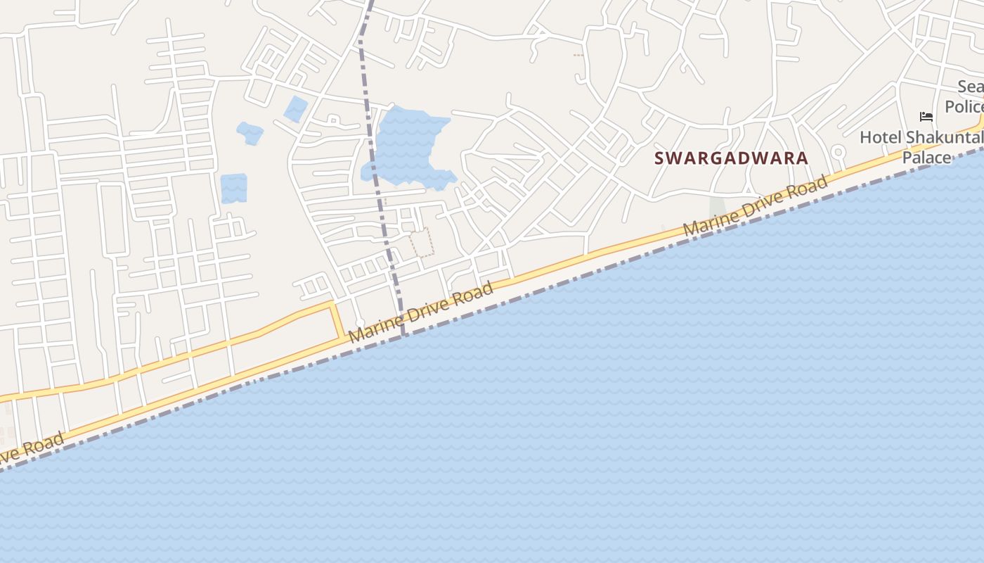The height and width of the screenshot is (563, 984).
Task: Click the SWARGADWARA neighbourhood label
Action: (x=731, y=158)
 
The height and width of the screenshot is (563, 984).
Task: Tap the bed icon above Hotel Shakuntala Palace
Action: (x=926, y=116)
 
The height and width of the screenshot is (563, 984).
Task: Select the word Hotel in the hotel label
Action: (x=881, y=137)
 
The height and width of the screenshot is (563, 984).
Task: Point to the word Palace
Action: (x=926, y=157)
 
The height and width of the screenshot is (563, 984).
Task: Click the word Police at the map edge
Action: (x=964, y=106)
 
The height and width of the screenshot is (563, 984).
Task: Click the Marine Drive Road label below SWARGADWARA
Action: (x=756, y=206)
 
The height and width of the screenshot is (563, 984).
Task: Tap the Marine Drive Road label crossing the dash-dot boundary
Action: (x=421, y=312)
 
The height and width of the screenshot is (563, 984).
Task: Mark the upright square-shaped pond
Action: (x=234, y=189)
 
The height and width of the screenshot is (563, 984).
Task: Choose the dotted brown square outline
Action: (x=422, y=242)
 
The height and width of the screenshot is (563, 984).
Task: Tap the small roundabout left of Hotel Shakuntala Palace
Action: (x=838, y=151)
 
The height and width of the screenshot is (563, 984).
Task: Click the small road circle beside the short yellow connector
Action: (x=360, y=322)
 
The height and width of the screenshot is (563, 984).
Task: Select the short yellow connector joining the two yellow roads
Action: (x=337, y=321)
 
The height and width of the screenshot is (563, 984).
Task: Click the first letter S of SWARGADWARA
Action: (x=659, y=158)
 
